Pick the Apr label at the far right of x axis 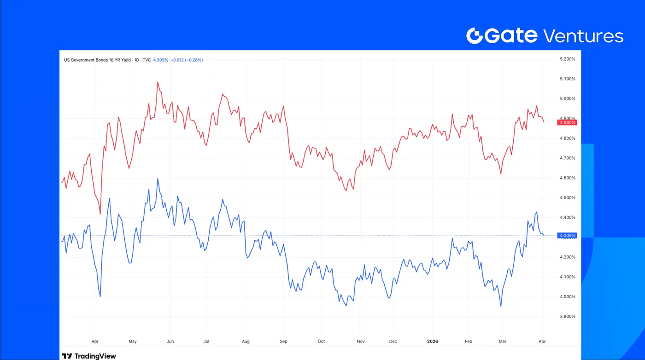click(542, 342)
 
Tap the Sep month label click(283, 342)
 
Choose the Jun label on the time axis click(170, 342)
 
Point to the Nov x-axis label click(361, 342)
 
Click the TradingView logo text click(89, 356)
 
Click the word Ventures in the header click(583, 35)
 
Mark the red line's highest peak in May click(158, 82)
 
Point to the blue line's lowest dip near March click(501, 307)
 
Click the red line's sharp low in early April click(100, 214)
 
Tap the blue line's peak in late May click(158, 178)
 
